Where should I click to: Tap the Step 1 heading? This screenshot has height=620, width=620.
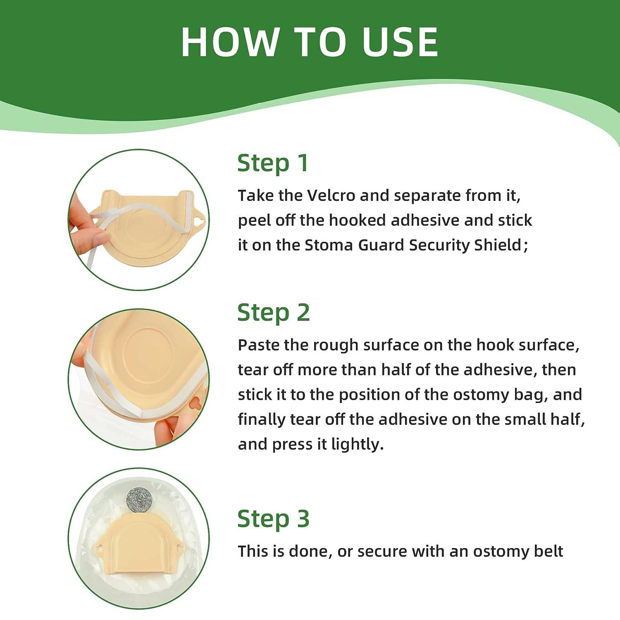click(x=273, y=163)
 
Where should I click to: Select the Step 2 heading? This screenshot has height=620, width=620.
click(x=273, y=312)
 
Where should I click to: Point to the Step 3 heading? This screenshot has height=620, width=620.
click(x=273, y=519)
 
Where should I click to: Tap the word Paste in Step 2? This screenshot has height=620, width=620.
click(x=258, y=345)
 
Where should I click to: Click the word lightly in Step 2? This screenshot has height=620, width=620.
click(x=357, y=444)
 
